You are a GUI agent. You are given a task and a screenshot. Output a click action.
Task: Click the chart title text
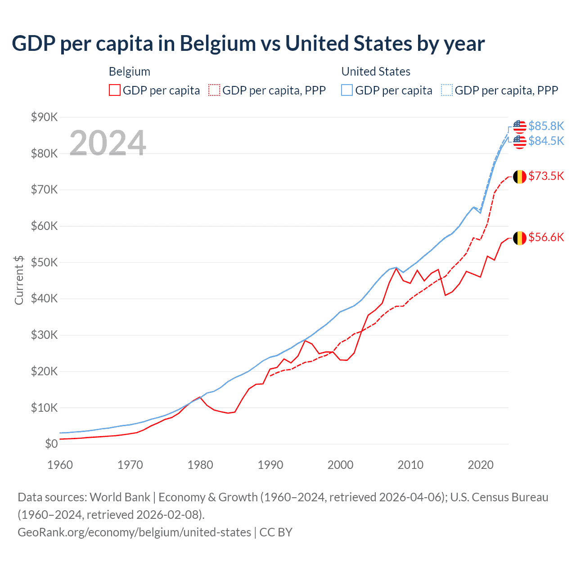click(248, 44)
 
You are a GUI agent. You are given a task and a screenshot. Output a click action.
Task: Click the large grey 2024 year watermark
click(108, 143)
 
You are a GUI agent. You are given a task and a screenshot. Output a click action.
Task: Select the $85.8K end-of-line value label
click(546, 126)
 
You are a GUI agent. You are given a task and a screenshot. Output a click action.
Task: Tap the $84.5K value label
click(546, 141)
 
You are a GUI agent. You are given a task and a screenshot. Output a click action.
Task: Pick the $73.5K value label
click(546, 176)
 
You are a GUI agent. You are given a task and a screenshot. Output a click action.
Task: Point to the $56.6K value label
click(546, 237)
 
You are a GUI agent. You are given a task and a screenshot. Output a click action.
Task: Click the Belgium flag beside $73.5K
click(520, 176)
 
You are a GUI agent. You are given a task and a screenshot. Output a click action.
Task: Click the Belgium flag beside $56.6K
click(520, 238)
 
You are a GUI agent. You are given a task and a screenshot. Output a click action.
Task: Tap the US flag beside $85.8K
click(520, 126)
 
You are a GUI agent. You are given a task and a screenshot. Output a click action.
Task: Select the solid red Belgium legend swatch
click(115, 90)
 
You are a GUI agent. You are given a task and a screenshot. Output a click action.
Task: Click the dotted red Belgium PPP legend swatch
click(214, 90)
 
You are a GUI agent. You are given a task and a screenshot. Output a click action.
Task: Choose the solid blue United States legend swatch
click(347, 90)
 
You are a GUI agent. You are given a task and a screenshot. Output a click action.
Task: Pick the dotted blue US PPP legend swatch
click(447, 90)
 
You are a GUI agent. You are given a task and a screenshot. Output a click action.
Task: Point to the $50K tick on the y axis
click(44, 262)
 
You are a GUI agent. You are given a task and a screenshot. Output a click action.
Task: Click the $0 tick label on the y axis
click(51, 444)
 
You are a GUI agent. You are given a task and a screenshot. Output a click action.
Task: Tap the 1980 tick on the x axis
click(200, 465)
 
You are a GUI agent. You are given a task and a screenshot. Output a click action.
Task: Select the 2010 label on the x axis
click(410, 465)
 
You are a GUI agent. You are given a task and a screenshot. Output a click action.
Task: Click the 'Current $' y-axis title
click(19, 280)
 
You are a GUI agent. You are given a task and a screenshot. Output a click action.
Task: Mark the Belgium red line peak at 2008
click(396, 268)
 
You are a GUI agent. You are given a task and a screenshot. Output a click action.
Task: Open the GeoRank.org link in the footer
click(134, 532)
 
